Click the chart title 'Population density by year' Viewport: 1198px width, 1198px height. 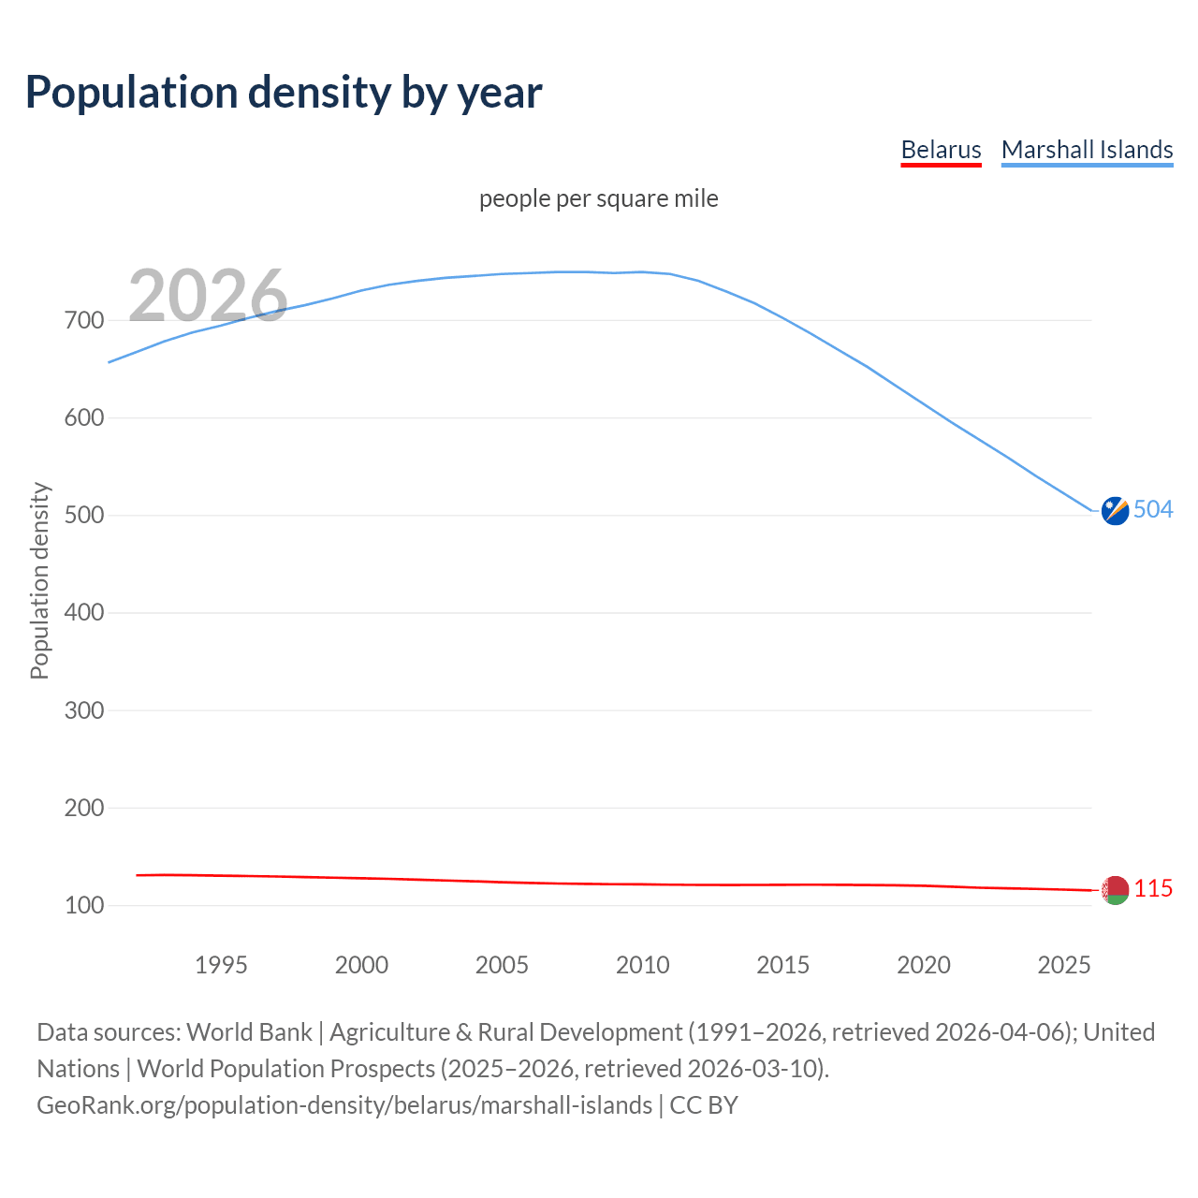(284, 93)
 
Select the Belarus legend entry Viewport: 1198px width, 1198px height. (941, 150)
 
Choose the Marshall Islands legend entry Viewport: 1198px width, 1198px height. (1087, 150)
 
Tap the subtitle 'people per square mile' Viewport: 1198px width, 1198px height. (598, 198)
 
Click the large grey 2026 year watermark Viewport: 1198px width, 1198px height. (208, 296)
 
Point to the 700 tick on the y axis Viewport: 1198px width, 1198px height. (84, 320)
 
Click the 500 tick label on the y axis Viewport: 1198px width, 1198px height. (84, 516)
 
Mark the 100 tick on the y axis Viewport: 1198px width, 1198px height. (84, 905)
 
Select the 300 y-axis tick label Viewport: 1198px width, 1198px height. (84, 710)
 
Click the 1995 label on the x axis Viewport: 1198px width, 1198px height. (221, 965)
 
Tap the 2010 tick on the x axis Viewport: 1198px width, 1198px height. (642, 965)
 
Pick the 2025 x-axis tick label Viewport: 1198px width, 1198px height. (1064, 965)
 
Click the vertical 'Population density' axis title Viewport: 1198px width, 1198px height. (39, 580)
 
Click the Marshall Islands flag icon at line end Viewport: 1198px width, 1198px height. (1115, 511)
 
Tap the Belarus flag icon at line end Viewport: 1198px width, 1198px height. (1115, 890)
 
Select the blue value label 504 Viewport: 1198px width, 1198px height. (1153, 509)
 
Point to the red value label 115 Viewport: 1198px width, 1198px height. (1153, 888)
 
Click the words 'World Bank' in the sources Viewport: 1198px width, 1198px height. (249, 1032)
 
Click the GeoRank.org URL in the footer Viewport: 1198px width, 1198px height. (344, 1105)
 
